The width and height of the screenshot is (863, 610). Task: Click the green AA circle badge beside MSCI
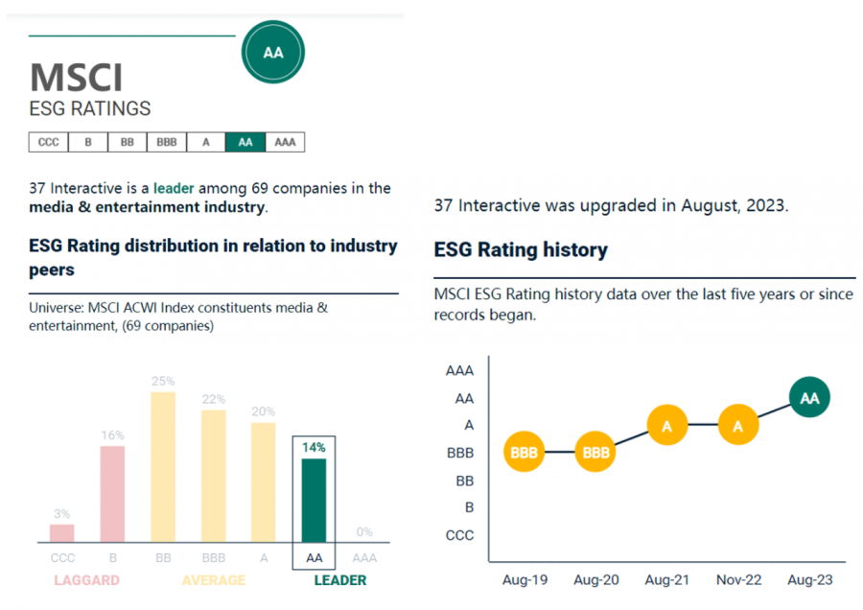[x=273, y=53]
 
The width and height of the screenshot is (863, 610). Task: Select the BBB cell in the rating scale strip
[x=166, y=142]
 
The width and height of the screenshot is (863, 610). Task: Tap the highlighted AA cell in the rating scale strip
[x=245, y=142]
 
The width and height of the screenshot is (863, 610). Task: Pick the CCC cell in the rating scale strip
[x=48, y=142]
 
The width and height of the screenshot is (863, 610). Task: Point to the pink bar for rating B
[x=112, y=494]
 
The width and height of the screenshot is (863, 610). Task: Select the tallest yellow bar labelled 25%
[x=163, y=467]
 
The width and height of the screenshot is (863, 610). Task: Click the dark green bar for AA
[x=314, y=500]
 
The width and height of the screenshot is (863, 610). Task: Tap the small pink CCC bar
[x=62, y=532]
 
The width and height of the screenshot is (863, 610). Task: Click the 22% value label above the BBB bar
[x=214, y=399]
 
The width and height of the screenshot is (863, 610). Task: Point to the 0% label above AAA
[x=364, y=532]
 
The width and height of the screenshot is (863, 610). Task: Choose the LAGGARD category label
[x=86, y=580]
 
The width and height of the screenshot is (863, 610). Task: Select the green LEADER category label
[x=340, y=580]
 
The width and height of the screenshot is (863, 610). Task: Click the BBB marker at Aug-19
[x=524, y=453]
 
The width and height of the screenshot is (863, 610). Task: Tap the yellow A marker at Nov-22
[x=737, y=425]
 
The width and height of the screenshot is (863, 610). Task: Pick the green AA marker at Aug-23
[x=809, y=398]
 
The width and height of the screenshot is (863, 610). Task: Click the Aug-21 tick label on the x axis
[x=666, y=580]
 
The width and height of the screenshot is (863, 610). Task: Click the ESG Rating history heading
[x=521, y=250]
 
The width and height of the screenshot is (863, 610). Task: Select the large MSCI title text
[x=76, y=78]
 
